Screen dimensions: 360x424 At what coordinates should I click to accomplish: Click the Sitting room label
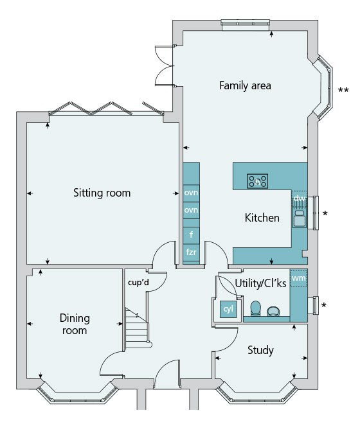click(x=102, y=193)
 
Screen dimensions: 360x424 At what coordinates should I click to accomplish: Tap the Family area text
click(x=245, y=85)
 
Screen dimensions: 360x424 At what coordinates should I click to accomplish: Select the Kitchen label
click(x=262, y=218)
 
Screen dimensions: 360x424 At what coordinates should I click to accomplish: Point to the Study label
click(x=260, y=350)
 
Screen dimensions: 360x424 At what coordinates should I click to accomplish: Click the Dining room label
click(x=75, y=324)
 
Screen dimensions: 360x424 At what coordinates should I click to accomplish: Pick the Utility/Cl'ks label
click(x=260, y=283)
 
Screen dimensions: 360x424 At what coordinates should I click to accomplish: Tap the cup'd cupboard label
click(x=138, y=283)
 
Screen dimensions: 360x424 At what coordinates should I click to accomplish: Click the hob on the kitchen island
click(x=257, y=181)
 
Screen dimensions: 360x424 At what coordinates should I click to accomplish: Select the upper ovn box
click(x=191, y=193)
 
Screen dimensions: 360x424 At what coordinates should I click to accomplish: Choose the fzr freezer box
click(x=191, y=252)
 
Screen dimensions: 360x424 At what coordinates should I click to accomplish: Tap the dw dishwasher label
click(x=300, y=199)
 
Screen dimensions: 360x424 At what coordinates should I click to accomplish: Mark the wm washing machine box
click(x=299, y=278)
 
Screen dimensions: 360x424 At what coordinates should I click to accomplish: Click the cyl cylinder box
click(x=228, y=309)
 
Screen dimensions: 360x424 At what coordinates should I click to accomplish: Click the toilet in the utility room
click(x=255, y=308)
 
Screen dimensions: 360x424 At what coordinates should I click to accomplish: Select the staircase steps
click(x=137, y=328)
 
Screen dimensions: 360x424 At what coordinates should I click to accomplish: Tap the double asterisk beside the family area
click(x=343, y=91)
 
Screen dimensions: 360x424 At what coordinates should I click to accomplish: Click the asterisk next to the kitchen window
click(x=325, y=214)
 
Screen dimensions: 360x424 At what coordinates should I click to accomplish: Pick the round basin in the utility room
click(x=273, y=311)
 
